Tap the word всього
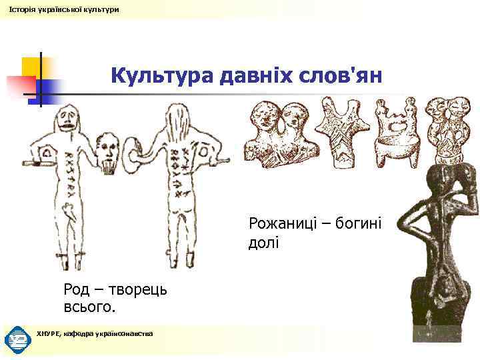pos(89,308)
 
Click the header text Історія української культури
pos(64,9)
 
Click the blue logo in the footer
pos(16,339)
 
